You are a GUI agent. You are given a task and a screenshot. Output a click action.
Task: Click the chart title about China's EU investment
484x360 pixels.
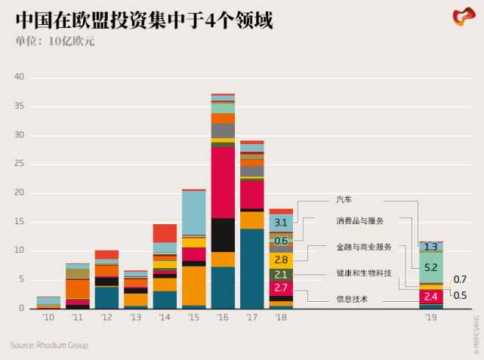click(x=143, y=19)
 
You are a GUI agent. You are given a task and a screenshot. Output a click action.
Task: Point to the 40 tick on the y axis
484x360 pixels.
click(x=20, y=77)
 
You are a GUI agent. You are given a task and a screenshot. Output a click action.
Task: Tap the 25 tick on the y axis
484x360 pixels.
click(x=20, y=164)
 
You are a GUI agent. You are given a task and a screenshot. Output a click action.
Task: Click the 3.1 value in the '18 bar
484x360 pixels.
click(x=281, y=223)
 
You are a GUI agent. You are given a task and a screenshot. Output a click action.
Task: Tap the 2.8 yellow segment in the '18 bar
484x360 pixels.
click(x=281, y=260)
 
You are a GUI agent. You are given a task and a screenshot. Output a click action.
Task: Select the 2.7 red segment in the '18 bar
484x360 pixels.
click(x=281, y=288)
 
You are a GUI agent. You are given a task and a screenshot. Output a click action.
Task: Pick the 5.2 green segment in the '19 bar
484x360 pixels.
click(x=431, y=267)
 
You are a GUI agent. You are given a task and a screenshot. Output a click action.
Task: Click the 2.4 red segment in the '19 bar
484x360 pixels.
click(x=431, y=297)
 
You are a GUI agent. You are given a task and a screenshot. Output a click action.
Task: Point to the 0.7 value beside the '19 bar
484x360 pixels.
click(x=460, y=280)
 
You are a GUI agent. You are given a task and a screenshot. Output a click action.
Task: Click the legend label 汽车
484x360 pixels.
click(x=344, y=200)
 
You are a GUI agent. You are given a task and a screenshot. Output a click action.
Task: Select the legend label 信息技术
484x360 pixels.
click(x=352, y=300)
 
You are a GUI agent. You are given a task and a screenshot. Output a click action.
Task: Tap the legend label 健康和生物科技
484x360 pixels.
click(x=364, y=272)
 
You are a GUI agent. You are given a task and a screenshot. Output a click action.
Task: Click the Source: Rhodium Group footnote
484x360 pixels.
click(x=50, y=346)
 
